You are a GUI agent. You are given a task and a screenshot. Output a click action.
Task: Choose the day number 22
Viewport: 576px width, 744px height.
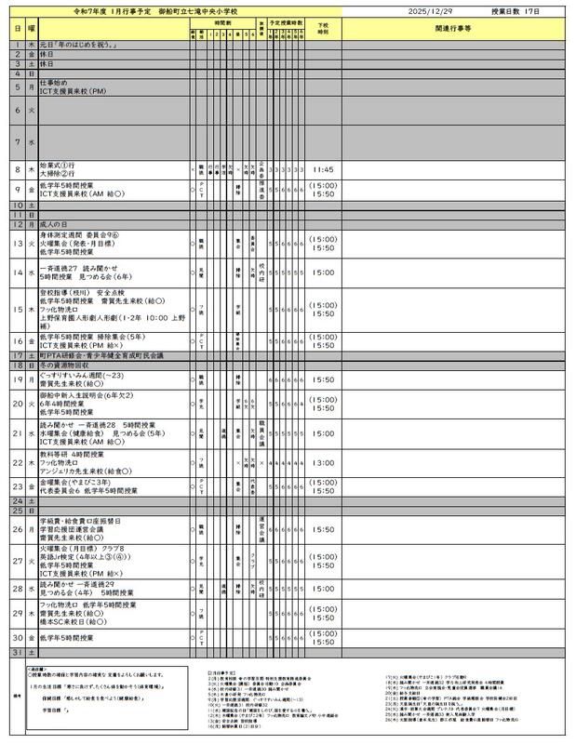[x=18, y=462]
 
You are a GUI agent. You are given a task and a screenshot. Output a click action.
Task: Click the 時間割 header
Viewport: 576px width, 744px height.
[x=224, y=20]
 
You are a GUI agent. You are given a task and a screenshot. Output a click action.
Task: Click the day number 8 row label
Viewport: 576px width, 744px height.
[x=18, y=170]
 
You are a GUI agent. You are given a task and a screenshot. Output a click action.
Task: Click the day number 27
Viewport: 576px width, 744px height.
[x=18, y=562]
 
